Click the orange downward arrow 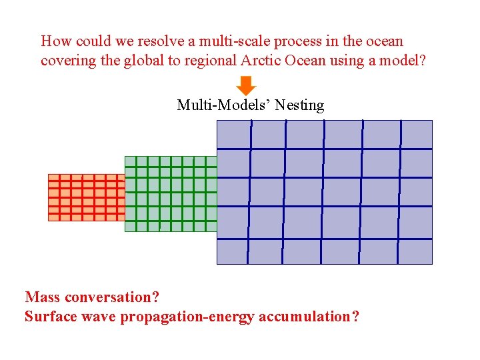point(246,86)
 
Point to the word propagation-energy point(187,317)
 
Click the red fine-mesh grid point(86,197)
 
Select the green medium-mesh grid point(171,194)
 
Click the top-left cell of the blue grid point(234,134)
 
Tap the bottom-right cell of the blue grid point(415,251)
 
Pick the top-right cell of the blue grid point(416,134)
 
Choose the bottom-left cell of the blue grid point(233,251)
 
